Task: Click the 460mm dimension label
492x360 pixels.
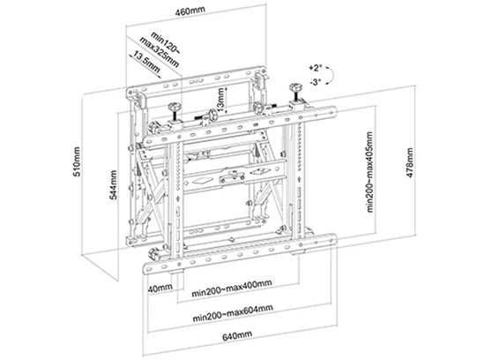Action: [x=190, y=11]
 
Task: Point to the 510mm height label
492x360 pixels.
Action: [x=77, y=161]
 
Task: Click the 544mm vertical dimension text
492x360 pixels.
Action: [x=113, y=184]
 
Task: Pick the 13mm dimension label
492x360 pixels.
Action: [x=221, y=100]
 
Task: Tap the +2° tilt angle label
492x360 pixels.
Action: [x=316, y=68]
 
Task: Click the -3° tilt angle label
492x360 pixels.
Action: [x=316, y=82]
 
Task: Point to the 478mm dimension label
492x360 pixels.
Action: [x=410, y=162]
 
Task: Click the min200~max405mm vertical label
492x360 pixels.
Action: [x=370, y=172]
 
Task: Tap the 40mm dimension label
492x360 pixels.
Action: [x=160, y=288]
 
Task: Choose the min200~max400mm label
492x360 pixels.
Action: [x=232, y=288]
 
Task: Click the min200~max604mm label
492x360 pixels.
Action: [x=233, y=313]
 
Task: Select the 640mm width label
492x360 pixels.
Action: [x=237, y=335]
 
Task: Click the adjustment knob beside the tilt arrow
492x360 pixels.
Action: [x=295, y=87]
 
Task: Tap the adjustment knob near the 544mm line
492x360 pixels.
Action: [x=175, y=108]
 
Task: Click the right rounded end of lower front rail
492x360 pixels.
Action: [x=334, y=239]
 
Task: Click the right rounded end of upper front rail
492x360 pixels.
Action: [x=334, y=111]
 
